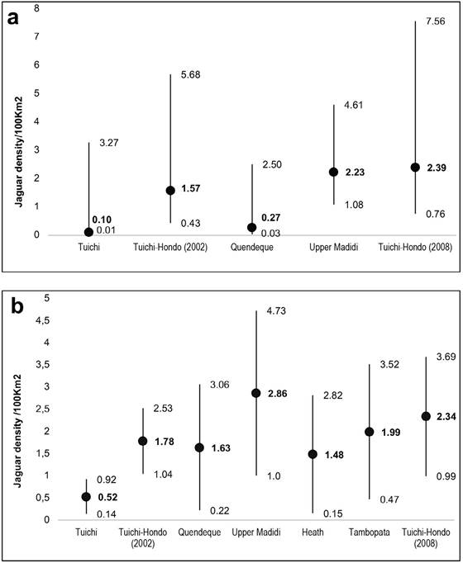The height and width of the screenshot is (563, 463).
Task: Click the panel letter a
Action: (12, 18)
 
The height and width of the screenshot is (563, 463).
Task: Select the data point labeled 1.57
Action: (170, 191)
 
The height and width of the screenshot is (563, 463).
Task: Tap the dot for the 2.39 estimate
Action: (415, 168)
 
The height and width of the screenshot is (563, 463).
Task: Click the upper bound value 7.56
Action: (436, 21)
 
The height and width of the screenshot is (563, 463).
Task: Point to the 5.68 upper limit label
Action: (190, 74)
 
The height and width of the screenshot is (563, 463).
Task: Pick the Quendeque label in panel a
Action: (252, 248)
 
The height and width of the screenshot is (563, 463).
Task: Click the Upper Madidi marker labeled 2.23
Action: (333, 172)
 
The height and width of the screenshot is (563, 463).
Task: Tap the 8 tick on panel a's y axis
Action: (36, 8)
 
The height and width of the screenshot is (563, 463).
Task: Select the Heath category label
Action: (313, 532)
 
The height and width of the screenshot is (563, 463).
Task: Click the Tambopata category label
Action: (370, 532)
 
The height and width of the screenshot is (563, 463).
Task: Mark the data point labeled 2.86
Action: (256, 393)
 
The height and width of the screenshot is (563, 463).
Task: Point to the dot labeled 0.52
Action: (86, 497)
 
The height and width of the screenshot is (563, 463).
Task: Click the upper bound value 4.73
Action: (276, 311)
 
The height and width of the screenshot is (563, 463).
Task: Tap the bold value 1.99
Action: (391, 433)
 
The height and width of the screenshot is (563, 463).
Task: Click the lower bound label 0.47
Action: (389, 499)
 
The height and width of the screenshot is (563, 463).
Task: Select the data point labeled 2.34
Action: (426, 416)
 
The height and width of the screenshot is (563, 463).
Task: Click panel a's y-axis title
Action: (19, 152)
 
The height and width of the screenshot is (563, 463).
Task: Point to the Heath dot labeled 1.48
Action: (313, 454)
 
